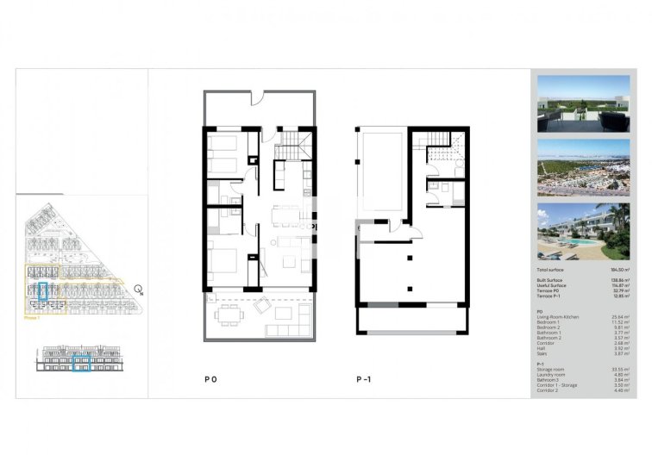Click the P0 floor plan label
(210, 378)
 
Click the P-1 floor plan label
(363, 378)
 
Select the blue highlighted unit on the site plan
(45, 291)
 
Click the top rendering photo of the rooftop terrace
(582, 104)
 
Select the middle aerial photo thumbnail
(582, 168)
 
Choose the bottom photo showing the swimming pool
(582, 232)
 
